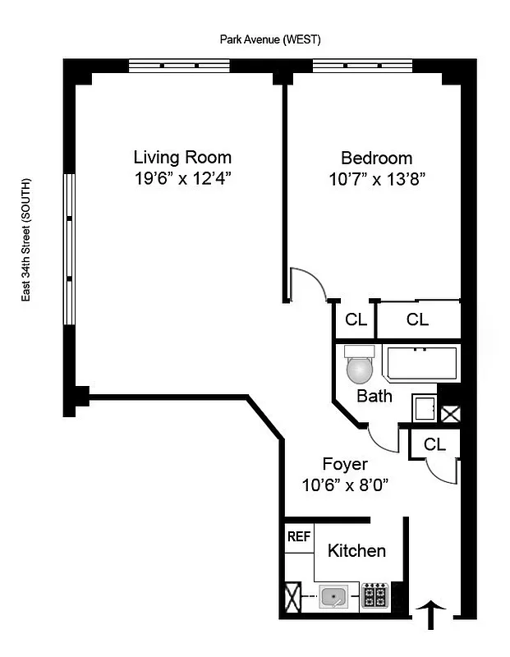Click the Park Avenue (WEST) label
[x=269, y=39]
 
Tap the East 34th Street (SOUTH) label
[x=27, y=239]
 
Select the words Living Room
[x=182, y=157]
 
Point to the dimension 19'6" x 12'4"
[x=182, y=178]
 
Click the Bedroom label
[x=377, y=158]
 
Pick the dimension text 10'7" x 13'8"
[x=377, y=179]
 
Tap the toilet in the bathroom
[x=360, y=366]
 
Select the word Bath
[x=374, y=397]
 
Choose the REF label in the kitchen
[x=297, y=537]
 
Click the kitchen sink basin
[x=333, y=596]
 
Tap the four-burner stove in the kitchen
[x=375, y=595]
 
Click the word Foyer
[x=344, y=464]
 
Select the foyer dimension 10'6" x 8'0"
[x=344, y=485]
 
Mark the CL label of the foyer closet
[x=434, y=444]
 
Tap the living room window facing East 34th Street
[x=70, y=238]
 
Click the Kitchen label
[x=356, y=550]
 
